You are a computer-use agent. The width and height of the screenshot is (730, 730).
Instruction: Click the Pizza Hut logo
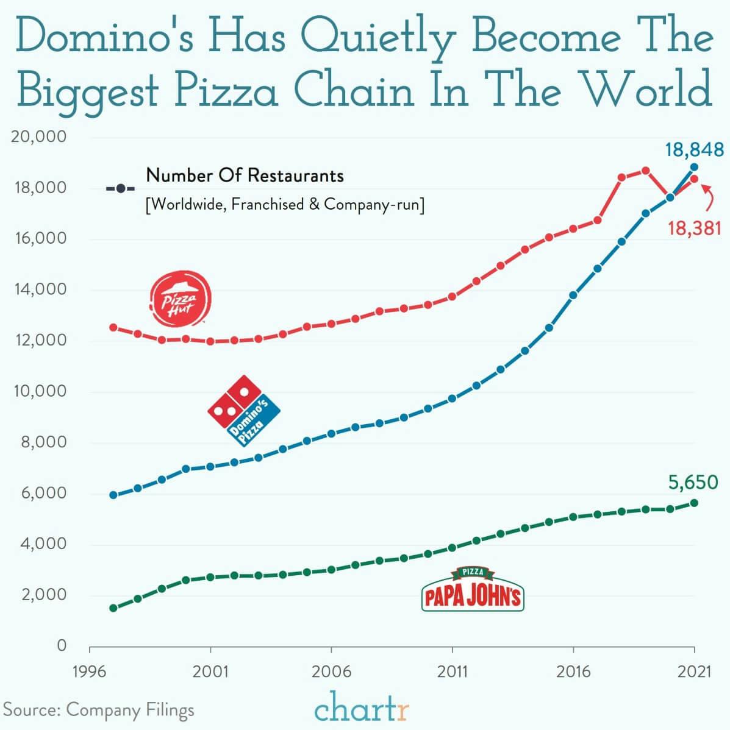tap(181, 299)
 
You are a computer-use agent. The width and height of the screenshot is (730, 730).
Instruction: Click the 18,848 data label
tap(694, 149)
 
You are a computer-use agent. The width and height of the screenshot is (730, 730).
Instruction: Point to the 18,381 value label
tap(694, 229)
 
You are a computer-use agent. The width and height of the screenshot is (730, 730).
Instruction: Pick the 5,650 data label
tap(693, 483)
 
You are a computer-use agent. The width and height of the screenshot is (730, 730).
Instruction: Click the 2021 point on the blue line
tap(694, 167)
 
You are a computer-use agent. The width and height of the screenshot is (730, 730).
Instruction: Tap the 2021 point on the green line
tap(694, 503)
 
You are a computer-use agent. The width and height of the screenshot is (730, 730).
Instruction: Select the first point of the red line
tap(113, 327)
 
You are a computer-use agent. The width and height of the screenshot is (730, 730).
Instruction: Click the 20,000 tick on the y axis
tap(39, 136)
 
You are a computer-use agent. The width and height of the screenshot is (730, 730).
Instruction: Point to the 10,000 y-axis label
tap(39, 391)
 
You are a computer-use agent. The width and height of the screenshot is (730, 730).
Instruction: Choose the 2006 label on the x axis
tap(331, 672)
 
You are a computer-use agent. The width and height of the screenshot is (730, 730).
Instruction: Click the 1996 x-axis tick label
tap(90, 672)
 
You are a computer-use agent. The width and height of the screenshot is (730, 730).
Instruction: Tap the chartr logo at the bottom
tap(362, 707)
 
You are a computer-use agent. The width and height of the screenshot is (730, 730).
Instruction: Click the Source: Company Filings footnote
tap(99, 710)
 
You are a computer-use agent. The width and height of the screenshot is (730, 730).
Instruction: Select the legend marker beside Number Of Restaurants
tap(121, 188)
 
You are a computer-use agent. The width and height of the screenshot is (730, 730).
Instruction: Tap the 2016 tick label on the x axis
tap(573, 672)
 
